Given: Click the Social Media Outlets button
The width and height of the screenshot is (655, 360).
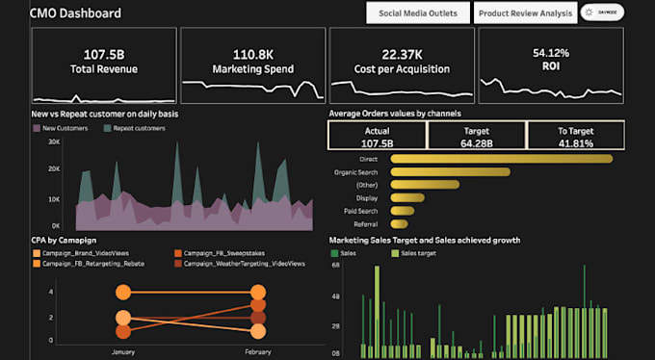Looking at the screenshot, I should coord(418,13).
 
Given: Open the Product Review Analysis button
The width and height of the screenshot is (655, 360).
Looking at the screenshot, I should coord(525,13).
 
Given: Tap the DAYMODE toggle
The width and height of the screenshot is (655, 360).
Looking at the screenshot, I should coord(603,13).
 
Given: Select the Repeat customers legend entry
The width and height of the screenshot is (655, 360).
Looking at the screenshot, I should coord(135,128).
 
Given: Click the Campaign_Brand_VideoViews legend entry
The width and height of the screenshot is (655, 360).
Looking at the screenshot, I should coord(82,253).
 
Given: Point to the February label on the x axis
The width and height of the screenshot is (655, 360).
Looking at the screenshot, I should coord(257,353).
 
